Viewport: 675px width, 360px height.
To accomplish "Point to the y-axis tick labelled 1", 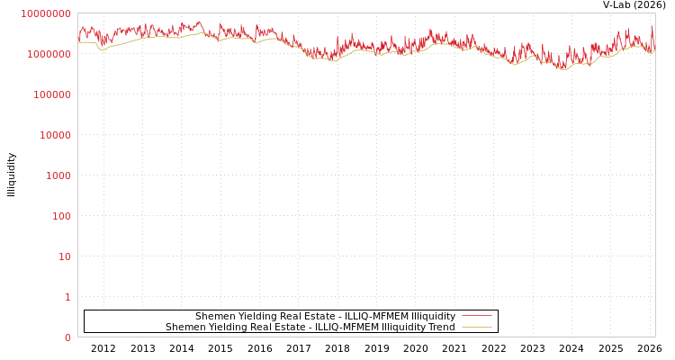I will click(x=67, y=297).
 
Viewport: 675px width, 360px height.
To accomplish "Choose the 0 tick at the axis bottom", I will click(x=67, y=337).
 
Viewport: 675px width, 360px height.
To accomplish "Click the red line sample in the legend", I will click(x=476, y=316).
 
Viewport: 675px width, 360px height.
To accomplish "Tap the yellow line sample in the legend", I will click(x=476, y=327).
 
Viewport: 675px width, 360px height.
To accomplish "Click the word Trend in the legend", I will click(x=441, y=327).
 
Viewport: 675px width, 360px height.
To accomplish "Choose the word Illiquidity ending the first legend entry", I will click(x=434, y=316).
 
